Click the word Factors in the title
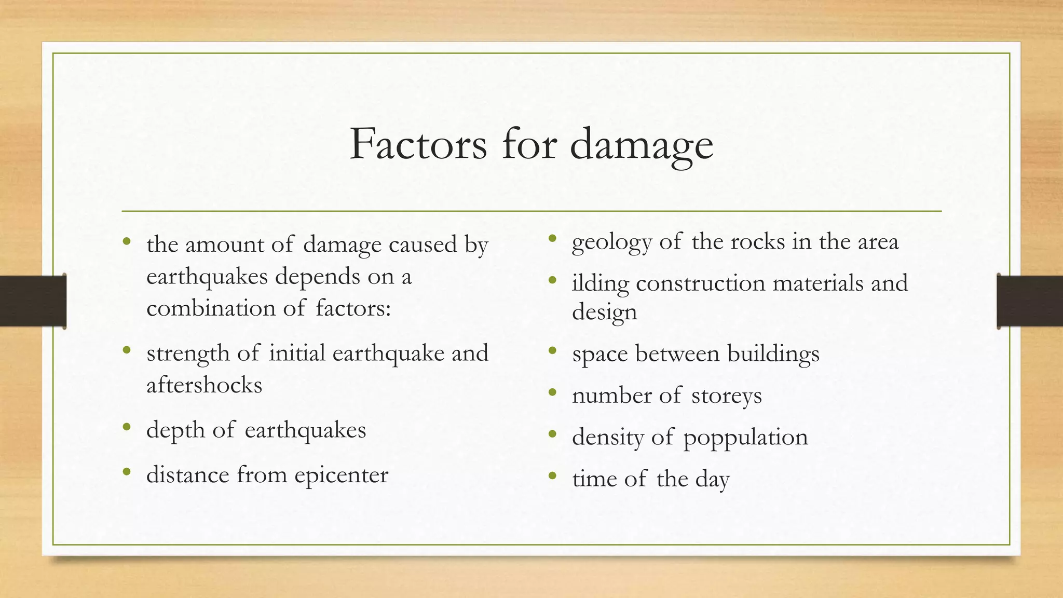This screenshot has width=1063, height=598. (x=418, y=144)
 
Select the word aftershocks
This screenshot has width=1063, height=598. (x=204, y=385)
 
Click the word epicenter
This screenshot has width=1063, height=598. (x=341, y=475)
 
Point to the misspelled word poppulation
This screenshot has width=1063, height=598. (x=745, y=438)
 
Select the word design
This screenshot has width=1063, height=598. (x=604, y=312)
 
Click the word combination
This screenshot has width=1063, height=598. (x=210, y=308)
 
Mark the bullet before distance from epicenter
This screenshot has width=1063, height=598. (x=127, y=472)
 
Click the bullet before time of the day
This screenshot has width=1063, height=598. (x=552, y=475)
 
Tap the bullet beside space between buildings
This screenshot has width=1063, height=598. (x=552, y=351)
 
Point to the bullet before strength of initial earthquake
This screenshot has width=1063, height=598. (x=127, y=351)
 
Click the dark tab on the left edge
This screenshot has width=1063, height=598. (x=33, y=301)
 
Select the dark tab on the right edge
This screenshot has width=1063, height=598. (x=1030, y=301)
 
